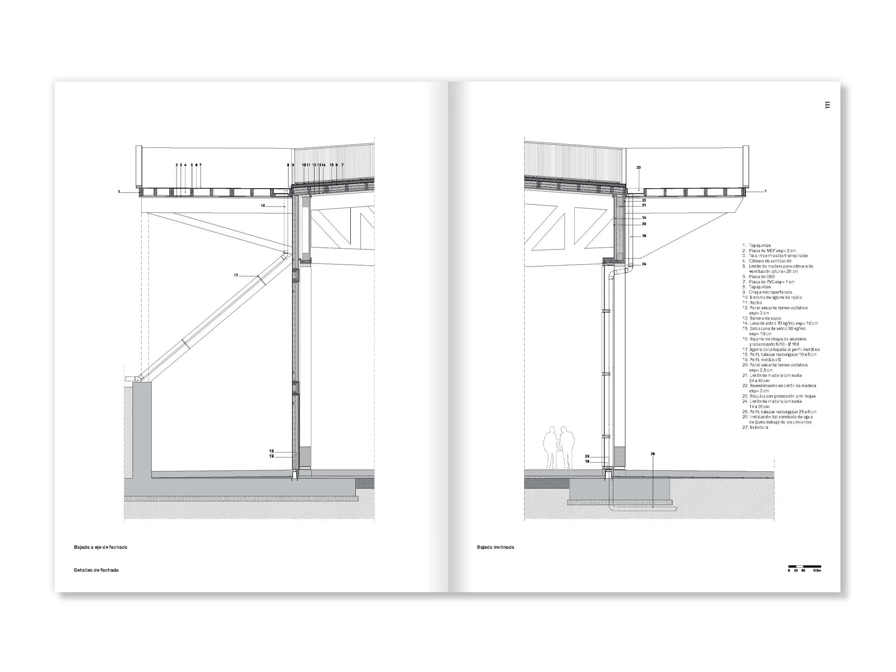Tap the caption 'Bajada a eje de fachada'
click(x=101, y=547)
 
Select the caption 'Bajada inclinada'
click(x=495, y=547)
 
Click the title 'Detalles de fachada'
click(x=96, y=570)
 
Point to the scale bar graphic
click(x=805, y=567)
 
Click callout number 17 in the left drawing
click(x=236, y=275)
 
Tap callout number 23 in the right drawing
click(x=639, y=168)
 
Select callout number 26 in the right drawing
click(x=653, y=454)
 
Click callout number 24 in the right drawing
click(x=644, y=264)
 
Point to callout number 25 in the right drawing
click(x=587, y=457)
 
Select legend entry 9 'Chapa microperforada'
click(x=767, y=292)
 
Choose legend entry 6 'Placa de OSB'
click(x=759, y=276)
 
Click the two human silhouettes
click(x=558, y=448)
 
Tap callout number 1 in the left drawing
click(x=119, y=192)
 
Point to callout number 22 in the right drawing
click(x=644, y=200)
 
